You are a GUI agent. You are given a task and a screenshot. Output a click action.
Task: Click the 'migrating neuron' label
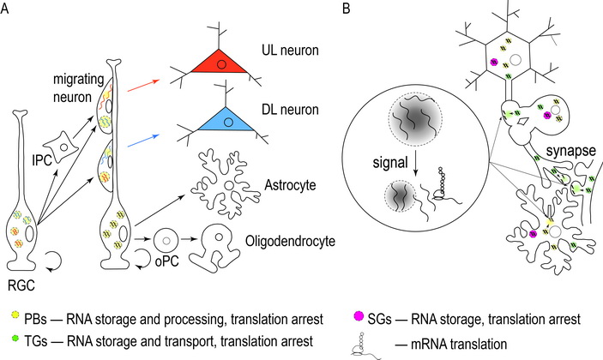click(70, 85)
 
